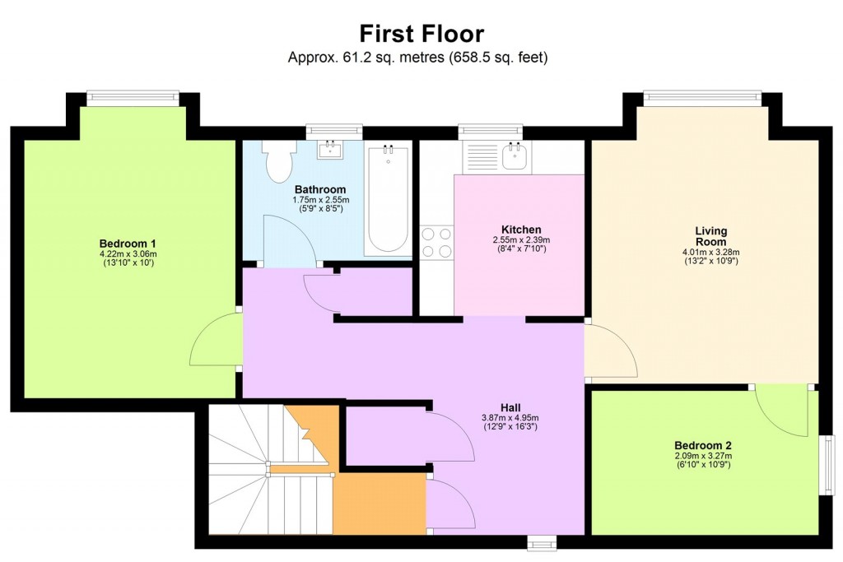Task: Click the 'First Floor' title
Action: (x=421, y=34)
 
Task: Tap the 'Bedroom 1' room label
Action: (x=128, y=244)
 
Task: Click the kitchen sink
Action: (x=517, y=156)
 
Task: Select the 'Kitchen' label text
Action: (x=521, y=230)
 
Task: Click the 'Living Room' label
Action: (x=710, y=236)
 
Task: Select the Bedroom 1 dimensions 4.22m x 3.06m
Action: (x=128, y=254)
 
